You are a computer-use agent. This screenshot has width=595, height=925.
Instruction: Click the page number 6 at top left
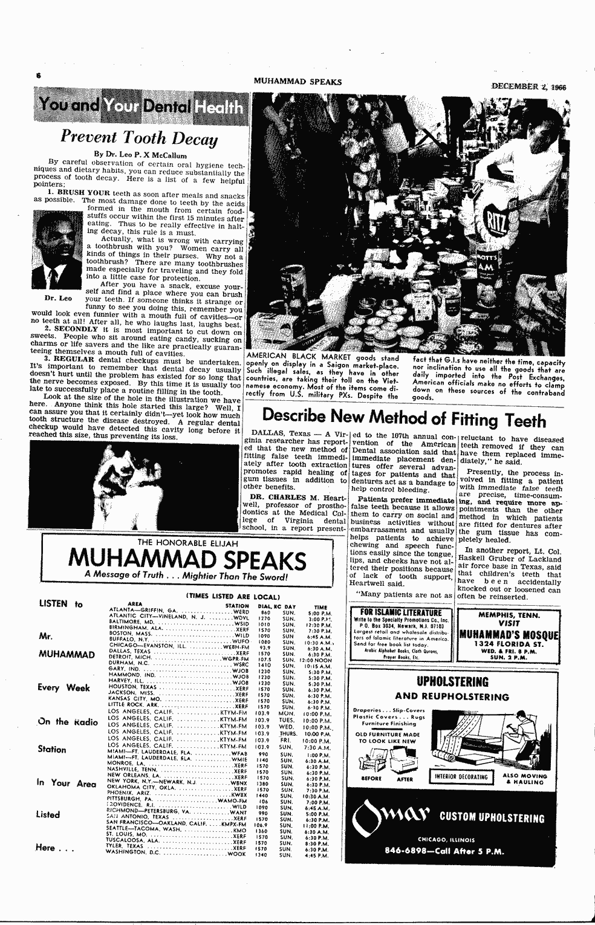pos(37,76)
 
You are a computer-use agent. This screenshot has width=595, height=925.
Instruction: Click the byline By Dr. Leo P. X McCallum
pos(140,155)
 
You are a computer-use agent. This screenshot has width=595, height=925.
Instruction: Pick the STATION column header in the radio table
pos(236,605)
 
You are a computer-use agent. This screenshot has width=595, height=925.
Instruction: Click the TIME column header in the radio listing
pos(320,607)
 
